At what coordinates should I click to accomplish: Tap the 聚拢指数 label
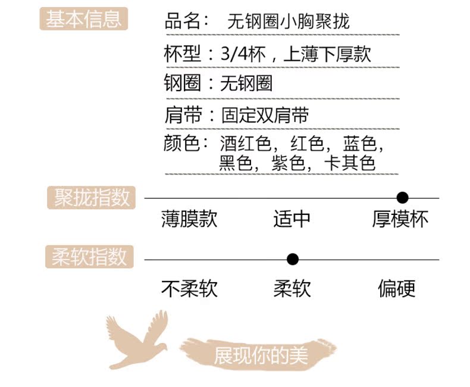[92, 198]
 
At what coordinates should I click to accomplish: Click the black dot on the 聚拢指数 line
[403, 198]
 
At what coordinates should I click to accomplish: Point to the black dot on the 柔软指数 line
[292, 260]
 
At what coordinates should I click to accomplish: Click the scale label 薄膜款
[189, 219]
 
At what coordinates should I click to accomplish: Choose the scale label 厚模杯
[400, 219]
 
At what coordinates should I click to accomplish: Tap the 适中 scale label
[292, 219]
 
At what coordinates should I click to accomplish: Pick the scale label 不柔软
[189, 289]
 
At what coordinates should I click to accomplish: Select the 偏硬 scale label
[396, 289]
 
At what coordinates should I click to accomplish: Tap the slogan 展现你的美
[261, 355]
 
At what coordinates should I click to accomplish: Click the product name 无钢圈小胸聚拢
[288, 23]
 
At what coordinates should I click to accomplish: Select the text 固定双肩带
[265, 114]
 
